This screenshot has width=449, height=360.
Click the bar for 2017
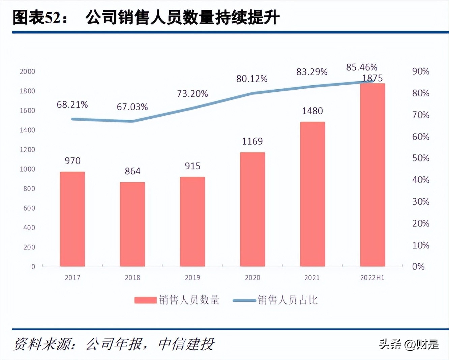click(x=72, y=219)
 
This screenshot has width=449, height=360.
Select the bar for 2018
click(x=132, y=224)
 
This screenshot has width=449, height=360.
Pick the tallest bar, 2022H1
click(x=372, y=175)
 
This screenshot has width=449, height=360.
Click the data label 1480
click(x=312, y=111)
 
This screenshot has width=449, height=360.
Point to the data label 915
click(x=192, y=166)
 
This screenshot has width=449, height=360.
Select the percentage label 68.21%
click(x=72, y=105)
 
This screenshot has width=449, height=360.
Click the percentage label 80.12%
click(x=252, y=79)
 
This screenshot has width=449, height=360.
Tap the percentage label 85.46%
click(x=362, y=67)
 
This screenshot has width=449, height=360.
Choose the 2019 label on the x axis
click(x=192, y=278)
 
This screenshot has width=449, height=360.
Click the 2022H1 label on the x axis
click(x=372, y=278)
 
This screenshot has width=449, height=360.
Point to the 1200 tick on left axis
click(x=27, y=150)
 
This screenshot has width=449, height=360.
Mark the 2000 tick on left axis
click(x=27, y=71)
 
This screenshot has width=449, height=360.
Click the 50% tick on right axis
click(x=420, y=158)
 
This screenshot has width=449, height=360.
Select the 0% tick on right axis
click(x=418, y=267)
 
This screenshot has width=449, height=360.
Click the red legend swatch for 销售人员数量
click(x=145, y=300)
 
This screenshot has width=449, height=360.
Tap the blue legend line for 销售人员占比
click(x=244, y=300)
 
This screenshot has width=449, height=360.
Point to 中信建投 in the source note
click(x=186, y=344)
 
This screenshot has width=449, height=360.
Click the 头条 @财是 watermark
click(x=409, y=344)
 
